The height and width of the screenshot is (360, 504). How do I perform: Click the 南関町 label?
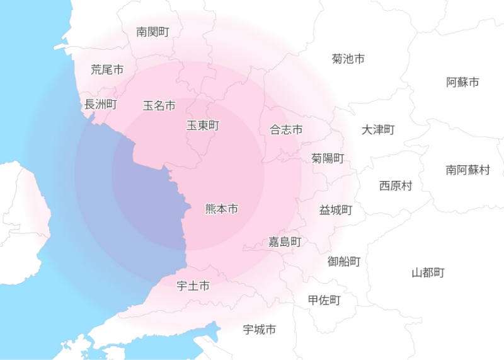click(152, 32)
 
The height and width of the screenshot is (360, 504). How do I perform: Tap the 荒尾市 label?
click(107, 69)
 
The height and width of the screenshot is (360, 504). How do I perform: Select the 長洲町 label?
click(101, 104)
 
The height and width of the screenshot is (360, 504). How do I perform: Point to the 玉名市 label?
click(159, 105)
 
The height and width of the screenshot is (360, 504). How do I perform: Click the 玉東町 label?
click(203, 125)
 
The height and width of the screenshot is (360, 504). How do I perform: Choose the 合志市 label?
click(286, 130)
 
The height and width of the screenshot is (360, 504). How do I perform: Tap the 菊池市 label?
click(348, 59)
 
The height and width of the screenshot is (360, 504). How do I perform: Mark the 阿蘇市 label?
click(462, 82)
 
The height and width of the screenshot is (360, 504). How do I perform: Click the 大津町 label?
click(378, 130)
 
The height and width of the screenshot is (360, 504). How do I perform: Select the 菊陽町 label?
click(328, 158)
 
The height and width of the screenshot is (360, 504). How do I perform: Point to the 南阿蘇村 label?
click(467, 170)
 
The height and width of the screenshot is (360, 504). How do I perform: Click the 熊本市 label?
click(222, 209)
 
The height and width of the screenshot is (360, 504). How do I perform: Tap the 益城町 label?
click(335, 210)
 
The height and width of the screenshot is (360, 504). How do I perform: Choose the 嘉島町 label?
click(285, 241)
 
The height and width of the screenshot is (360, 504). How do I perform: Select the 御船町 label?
click(344, 261)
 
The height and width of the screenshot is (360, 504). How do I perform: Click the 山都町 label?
click(428, 272)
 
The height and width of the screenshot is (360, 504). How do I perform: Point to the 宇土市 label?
click(193, 286)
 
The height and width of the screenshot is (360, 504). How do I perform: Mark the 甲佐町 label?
click(324, 300)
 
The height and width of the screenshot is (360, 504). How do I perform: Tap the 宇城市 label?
click(260, 329)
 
